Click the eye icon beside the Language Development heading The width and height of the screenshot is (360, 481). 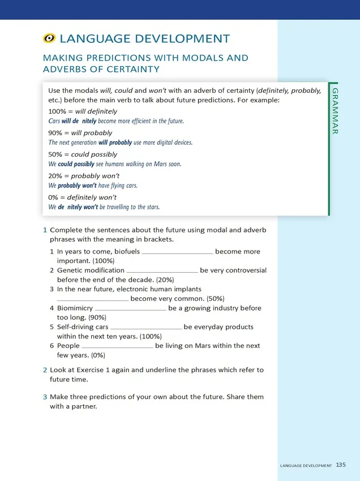click(x=49, y=39)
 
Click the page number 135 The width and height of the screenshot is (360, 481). click(x=341, y=465)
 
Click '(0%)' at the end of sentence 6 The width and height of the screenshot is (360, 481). click(x=97, y=355)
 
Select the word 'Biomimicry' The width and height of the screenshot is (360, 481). click(x=75, y=308)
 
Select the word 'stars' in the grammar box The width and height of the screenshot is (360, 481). click(x=151, y=207)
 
